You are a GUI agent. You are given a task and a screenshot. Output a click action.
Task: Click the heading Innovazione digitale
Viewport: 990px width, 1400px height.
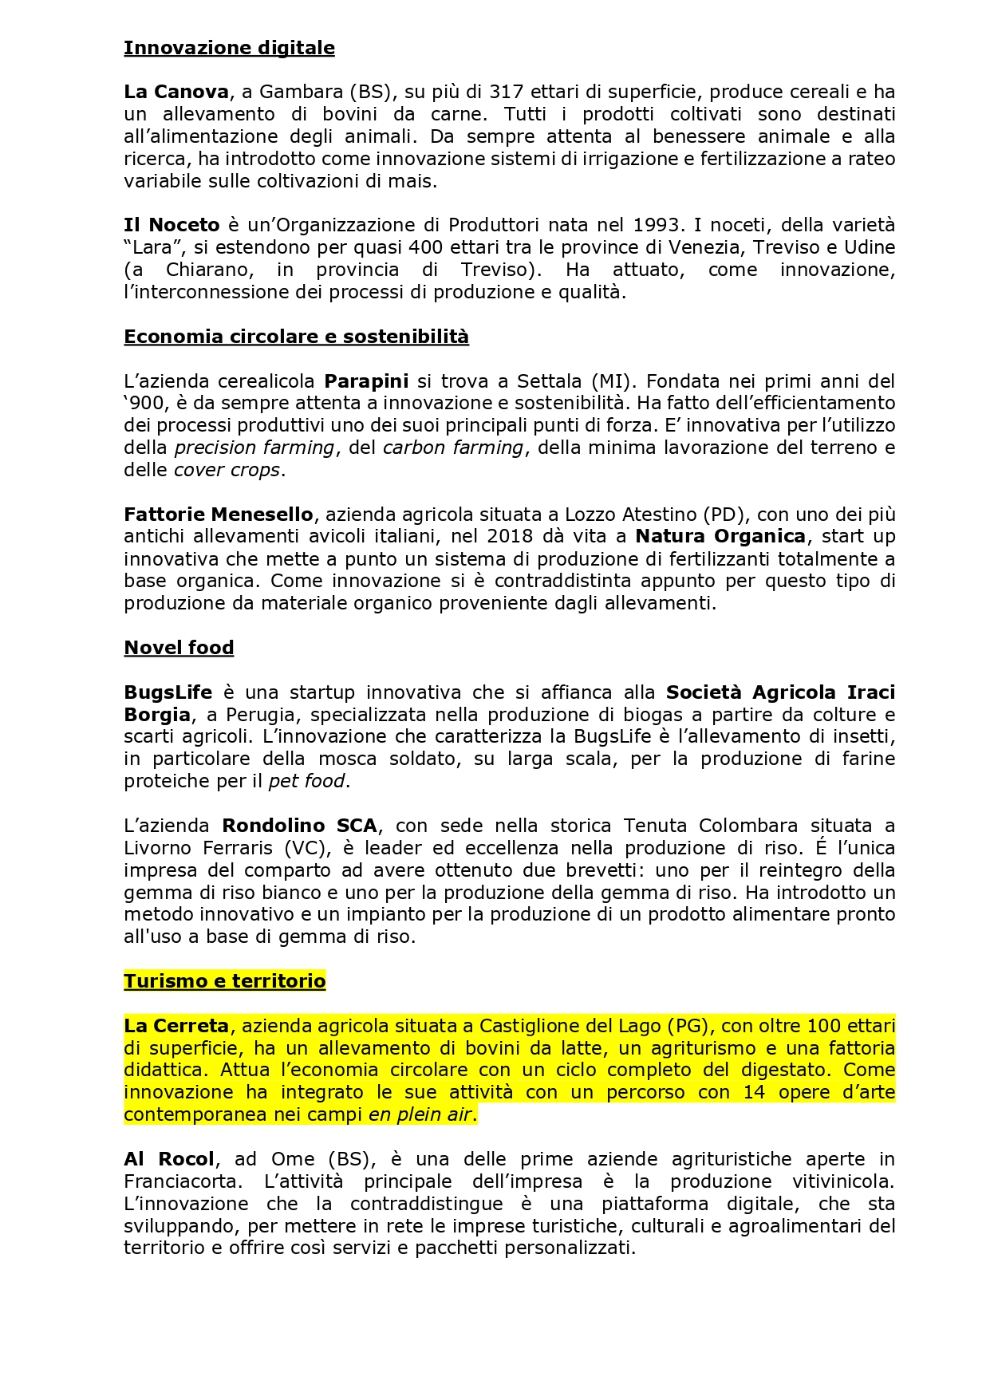coord(229,48)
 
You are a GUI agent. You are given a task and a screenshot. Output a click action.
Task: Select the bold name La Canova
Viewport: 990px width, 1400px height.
coord(176,92)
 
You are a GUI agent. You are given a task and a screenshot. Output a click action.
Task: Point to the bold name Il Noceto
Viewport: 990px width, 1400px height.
coord(172,225)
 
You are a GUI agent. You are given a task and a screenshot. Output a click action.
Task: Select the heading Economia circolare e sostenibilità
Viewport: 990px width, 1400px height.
coord(296,337)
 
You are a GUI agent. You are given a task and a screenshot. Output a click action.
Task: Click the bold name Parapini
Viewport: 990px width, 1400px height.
coord(366,381)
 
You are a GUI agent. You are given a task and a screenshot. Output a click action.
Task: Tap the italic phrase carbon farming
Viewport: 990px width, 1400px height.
coord(453,448)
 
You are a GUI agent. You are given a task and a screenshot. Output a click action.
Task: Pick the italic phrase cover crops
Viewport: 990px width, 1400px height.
coord(227,470)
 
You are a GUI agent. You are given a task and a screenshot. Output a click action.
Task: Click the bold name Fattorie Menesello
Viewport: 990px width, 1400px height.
coord(219,515)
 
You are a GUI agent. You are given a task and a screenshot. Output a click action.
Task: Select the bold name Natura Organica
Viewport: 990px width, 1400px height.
coord(720,536)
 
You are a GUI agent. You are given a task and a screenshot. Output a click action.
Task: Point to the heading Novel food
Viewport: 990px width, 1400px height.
coord(179,648)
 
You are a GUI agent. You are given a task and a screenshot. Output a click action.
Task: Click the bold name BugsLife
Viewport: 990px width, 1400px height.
coord(168,692)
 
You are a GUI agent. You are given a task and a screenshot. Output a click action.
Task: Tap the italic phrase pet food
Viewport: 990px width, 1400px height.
coord(307,781)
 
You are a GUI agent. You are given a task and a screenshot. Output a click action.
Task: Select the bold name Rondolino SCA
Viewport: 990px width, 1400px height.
coord(299,826)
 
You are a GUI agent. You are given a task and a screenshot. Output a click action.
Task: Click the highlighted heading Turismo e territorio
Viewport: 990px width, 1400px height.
coord(224,981)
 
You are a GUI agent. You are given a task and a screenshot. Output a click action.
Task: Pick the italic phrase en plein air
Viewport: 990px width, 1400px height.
coord(421,1114)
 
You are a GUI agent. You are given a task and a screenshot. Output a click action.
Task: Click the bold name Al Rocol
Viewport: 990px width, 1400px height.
coord(169,1159)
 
